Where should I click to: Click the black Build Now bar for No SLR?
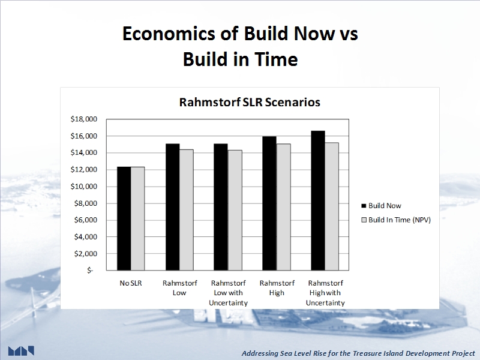(124, 218)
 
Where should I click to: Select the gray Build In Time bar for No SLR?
(138, 218)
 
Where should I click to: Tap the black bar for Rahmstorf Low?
(173, 207)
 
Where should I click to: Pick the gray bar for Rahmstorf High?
(283, 207)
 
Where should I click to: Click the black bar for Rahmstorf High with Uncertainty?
(318, 200)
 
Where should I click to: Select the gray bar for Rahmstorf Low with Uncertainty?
(235, 211)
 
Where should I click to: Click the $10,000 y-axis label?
(83, 187)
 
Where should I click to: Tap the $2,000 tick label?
(85, 254)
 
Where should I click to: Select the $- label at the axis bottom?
(90, 271)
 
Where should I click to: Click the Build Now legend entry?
(382, 206)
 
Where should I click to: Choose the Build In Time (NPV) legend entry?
(396, 220)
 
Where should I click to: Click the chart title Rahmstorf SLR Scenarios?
(250, 102)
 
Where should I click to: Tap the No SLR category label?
(131, 283)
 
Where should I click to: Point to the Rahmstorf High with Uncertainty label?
(325, 293)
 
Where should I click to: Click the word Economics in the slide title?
(169, 33)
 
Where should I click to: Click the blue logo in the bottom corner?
(21, 351)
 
